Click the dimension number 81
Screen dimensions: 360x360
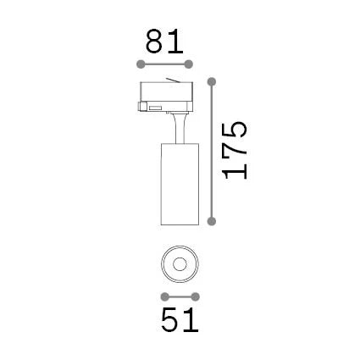[x=164, y=42]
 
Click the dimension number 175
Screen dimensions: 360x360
[x=235, y=151]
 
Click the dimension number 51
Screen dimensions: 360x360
[x=180, y=320]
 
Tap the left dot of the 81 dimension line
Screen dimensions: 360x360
[x=141, y=64]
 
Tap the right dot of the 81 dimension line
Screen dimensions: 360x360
[x=189, y=64]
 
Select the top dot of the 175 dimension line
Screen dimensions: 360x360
[x=212, y=82]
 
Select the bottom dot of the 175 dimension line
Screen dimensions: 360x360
[x=212, y=221]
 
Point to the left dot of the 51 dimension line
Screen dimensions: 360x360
[x=164, y=297]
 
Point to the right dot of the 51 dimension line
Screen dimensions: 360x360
[x=195, y=297]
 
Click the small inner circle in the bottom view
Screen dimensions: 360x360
[x=180, y=265]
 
